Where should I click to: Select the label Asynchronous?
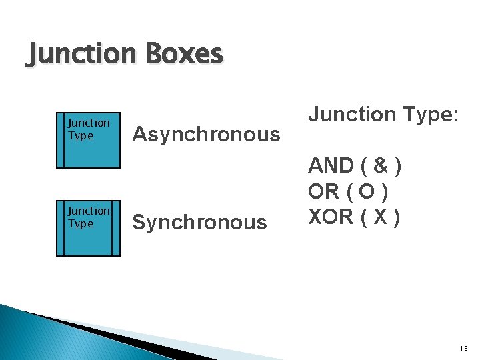(x=206, y=135)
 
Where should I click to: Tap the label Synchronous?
(x=199, y=222)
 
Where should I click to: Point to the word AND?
(x=331, y=166)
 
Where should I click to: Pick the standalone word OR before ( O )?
(x=323, y=191)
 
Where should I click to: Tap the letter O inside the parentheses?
(x=367, y=191)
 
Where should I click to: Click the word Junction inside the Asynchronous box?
(x=89, y=123)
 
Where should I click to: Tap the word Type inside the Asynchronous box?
(x=81, y=135)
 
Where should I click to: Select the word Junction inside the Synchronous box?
(x=89, y=211)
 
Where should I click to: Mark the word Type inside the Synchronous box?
(x=81, y=223)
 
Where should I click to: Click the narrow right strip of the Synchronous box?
(x=116, y=228)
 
